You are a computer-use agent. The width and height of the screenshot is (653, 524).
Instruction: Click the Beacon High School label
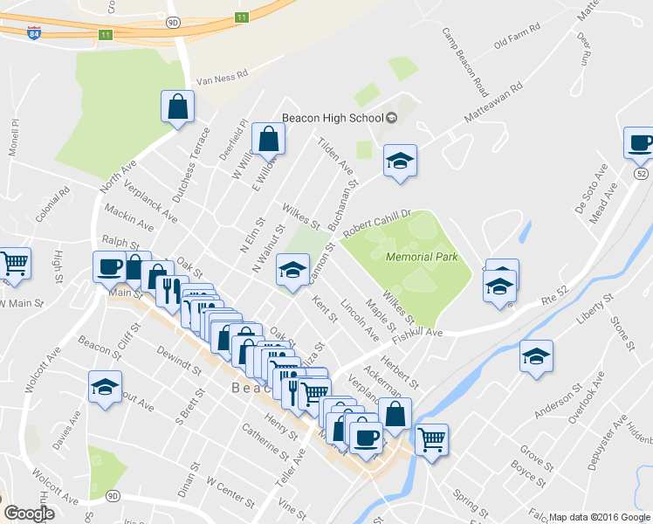332,118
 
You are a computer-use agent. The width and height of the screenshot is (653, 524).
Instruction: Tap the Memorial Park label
422,258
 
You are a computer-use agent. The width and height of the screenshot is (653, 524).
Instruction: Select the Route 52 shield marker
641,174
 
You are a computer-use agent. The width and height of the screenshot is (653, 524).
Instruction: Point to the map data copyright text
598,517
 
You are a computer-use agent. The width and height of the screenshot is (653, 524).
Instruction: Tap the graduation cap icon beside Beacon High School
400,161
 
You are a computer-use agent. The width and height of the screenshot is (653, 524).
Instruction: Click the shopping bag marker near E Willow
268,140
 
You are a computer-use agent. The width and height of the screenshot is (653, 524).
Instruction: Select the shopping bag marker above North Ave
177,107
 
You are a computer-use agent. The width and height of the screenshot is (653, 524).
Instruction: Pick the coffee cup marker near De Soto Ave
639,143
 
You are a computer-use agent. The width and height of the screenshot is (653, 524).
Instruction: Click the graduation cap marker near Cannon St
293,270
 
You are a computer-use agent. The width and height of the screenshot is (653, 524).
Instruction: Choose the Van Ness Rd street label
223,79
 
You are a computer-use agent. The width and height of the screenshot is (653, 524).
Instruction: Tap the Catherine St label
265,441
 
